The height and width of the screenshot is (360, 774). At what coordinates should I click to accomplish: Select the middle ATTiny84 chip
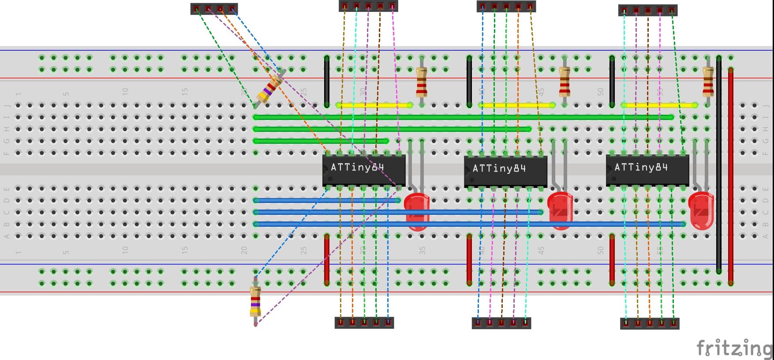click(x=505, y=171)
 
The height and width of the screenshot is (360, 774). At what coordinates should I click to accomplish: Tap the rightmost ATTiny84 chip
click(x=647, y=170)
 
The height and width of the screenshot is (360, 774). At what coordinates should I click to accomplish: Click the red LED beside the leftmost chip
click(x=417, y=211)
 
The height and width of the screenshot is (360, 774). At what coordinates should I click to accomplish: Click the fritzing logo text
click(x=734, y=349)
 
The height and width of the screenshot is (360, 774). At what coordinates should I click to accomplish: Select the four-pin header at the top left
click(x=214, y=9)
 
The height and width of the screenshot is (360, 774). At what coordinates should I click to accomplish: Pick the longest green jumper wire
click(x=463, y=117)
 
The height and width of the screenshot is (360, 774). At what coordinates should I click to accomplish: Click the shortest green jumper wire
click(x=321, y=141)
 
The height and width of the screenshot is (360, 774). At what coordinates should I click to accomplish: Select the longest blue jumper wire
click(x=470, y=224)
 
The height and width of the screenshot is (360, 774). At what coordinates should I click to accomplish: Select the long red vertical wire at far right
click(x=731, y=176)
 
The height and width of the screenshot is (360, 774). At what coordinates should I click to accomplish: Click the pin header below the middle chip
click(x=501, y=323)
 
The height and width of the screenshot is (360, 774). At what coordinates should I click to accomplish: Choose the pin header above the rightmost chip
click(x=648, y=11)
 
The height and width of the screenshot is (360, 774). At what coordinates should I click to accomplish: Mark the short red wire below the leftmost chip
click(x=327, y=259)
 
